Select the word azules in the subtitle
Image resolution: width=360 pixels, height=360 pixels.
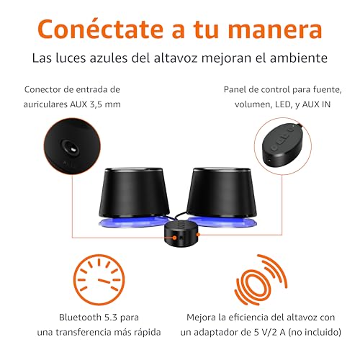click(x=109, y=58)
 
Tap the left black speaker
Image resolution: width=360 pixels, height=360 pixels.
click(x=135, y=193)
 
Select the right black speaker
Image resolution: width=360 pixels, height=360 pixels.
click(x=222, y=193)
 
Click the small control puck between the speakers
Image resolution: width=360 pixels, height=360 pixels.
click(x=179, y=235)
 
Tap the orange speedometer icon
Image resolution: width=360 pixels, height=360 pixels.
click(x=99, y=280)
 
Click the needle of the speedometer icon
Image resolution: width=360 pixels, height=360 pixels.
click(x=104, y=281)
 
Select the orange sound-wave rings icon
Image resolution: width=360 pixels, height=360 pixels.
click(x=261, y=280)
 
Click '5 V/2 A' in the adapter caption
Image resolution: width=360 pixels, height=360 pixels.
click(x=270, y=333)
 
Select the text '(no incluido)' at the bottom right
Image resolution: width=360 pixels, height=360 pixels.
click(x=315, y=333)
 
